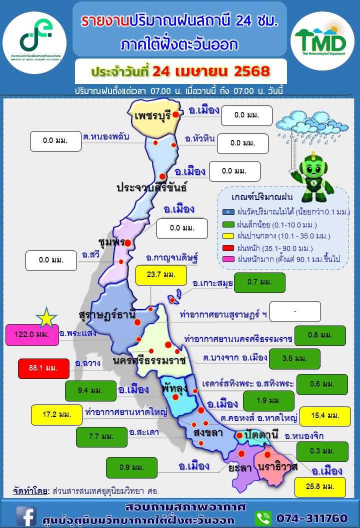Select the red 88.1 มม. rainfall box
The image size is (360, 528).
tap(43, 368)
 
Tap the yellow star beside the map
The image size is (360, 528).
tap(46, 316)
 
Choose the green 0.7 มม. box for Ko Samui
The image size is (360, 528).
tap(259, 282)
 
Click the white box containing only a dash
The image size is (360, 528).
tap(294, 311)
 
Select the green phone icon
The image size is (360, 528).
tap(263, 517)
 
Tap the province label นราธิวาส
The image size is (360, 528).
tap(278, 466)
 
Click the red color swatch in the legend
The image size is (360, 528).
tap(226, 247)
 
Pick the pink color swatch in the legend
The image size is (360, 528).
tap(226, 259)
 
